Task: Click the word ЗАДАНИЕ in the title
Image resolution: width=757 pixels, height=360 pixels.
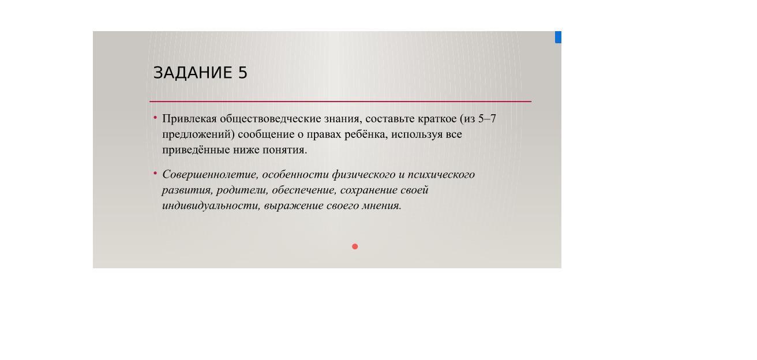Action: [193, 73]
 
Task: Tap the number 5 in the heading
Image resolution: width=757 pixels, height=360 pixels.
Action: [243, 73]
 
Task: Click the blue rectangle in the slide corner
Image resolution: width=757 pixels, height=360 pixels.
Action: [558, 37]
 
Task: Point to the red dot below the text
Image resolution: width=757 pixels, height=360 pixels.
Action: [355, 246]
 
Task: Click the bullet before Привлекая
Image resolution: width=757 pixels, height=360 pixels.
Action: [155, 117]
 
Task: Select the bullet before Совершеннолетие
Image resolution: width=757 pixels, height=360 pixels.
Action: [155, 173]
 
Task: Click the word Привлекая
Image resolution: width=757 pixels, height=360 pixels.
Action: [189, 119]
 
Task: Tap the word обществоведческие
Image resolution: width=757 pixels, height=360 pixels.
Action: [271, 119]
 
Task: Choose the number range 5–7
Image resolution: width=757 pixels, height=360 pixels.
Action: [487, 119]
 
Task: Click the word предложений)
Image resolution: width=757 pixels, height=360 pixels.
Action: [198, 134]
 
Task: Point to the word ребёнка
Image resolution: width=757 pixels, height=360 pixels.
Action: [366, 134]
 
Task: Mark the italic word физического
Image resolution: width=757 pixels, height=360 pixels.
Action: [363, 175]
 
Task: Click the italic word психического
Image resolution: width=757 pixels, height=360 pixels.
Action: [441, 175]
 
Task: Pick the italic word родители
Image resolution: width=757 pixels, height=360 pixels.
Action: [242, 190]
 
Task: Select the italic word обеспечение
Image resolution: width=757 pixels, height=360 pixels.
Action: [304, 190]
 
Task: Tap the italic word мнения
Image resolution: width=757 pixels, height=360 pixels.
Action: [381, 206]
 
